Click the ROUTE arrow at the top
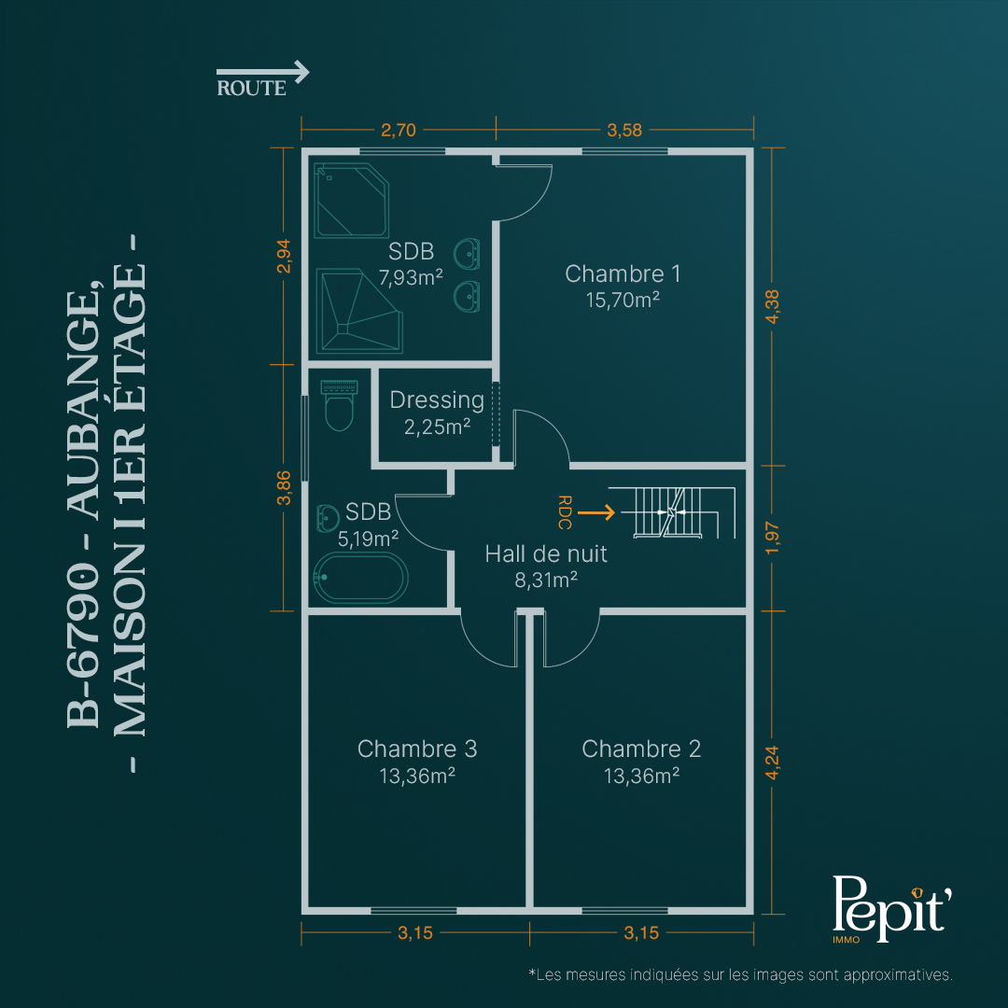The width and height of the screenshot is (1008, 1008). tap(262, 72)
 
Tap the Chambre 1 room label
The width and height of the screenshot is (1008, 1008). tap(623, 273)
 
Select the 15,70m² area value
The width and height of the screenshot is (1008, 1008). tap(623, 301)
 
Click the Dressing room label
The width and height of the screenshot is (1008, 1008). tap(437, 400)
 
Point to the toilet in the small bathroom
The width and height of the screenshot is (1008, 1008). tap(339, 405)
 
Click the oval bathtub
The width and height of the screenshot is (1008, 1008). tap(360, 578)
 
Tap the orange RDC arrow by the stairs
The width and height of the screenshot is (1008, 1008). tap(595, 512)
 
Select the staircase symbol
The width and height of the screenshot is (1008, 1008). tap(672, 512)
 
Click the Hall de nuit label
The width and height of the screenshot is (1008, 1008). tap(546, 554)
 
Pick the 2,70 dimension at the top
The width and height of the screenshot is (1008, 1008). tap(399, 130)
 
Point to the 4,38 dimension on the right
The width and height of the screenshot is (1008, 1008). tap(772, 307)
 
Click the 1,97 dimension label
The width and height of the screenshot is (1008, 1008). tap(772, 539)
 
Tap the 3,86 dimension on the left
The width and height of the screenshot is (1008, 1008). tap(284, 488)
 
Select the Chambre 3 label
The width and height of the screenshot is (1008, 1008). tap(417, 749)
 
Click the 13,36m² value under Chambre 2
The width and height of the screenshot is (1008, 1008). tap(641, 776)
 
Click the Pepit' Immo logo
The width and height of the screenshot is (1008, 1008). tap(891, 909)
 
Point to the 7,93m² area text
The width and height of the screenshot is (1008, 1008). tap(411, 278)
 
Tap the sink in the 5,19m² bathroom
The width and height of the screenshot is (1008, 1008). tap(328, 518)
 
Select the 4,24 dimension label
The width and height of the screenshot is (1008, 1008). tap(772, 763)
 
